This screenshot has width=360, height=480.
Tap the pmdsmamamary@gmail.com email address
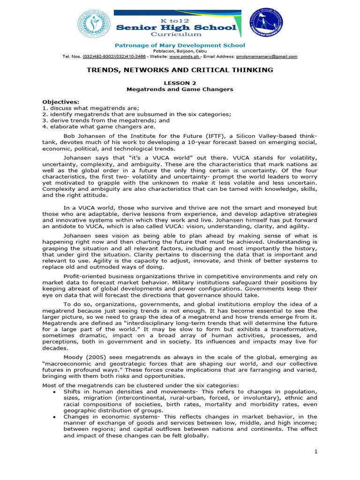266,56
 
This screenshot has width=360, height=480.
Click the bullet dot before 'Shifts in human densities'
55,391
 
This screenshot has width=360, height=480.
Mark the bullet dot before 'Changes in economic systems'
55,416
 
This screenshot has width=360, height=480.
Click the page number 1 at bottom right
316,451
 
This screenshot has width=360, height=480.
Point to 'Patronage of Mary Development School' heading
180,45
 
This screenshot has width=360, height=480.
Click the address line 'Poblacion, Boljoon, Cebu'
180,51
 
